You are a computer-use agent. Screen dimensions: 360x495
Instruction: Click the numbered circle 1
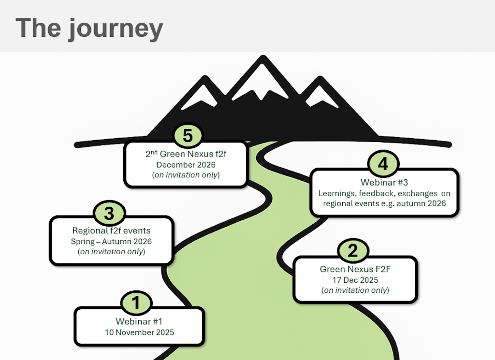(x=136, y=303)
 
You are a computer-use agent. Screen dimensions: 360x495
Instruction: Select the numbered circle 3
(x=109, y=213)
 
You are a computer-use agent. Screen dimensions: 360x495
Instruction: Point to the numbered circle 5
(x=188, y=136)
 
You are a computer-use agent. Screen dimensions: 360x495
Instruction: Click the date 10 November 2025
(x=139, y=332)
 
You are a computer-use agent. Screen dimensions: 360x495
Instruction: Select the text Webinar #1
(x=139, y=321)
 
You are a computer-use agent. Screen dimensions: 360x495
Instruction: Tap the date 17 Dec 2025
(x=355, y=280)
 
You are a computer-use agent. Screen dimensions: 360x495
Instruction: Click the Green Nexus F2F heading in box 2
(x=355, y=269)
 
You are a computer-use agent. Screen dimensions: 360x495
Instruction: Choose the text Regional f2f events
(x=111, y=230)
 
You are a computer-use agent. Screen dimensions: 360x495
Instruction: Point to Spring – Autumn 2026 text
(x=111, y=241)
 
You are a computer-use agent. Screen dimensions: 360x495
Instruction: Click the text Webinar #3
(x=384, y=183)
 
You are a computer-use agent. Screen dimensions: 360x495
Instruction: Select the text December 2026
(x=186, y=165)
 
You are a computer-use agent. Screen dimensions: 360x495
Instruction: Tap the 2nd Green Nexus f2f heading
(x=186, y=154)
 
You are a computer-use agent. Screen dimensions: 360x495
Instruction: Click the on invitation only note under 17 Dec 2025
(x=355, y=290)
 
